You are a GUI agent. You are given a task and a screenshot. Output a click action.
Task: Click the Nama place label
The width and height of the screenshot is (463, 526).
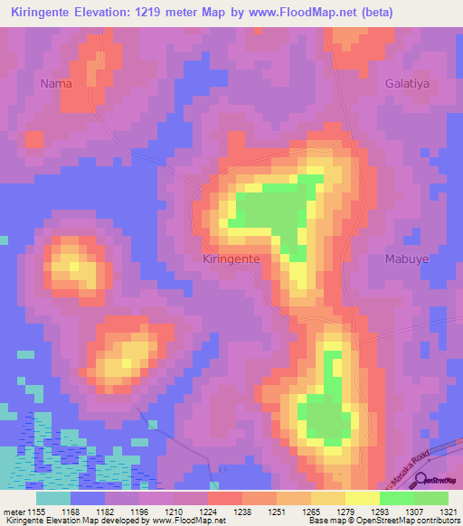[x=55, y=83]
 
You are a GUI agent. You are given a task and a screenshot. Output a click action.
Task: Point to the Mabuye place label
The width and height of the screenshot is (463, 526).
[x=395, y=258]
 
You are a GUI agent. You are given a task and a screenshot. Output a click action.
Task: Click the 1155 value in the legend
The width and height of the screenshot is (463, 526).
[x=43, y=511]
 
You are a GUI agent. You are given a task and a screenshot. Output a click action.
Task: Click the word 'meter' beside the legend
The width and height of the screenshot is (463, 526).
[x=15, y=511]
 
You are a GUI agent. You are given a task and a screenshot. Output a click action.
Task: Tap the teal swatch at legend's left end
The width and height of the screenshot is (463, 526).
[x=53, y=497]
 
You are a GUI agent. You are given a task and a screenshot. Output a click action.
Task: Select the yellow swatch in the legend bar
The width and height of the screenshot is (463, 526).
[x=363, y=497]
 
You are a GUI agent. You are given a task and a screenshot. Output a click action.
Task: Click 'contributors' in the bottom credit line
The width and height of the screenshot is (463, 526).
[x=438, y=521]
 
